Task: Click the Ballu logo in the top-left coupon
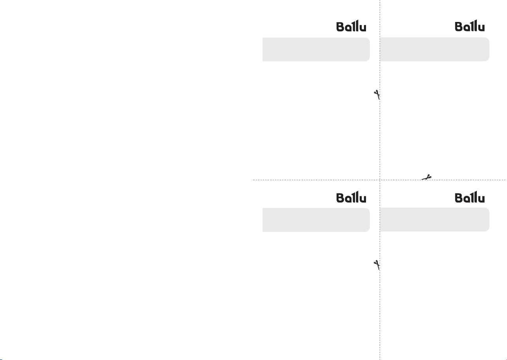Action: point(351,26)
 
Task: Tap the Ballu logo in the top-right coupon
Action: point(470,25)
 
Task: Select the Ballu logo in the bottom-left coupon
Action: point(351,197)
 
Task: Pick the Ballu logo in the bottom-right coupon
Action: point(470,197)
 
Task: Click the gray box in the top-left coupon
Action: point(316,49)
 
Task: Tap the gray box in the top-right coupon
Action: point(435,49)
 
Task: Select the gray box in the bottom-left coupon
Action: point(316,220)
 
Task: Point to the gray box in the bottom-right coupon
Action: point(435,219)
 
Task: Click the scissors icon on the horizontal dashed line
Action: point(427,177)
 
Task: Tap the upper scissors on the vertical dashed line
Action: point(377,94)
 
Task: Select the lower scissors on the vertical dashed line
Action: point(377,265)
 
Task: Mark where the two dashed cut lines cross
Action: point(380,180)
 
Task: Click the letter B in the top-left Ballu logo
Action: point(340,27)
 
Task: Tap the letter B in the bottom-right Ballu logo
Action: point(459,198)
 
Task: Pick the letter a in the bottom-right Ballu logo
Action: point(467,199)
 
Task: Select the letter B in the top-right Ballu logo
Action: point(459,27)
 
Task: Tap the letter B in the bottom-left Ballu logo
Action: point(340,198)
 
